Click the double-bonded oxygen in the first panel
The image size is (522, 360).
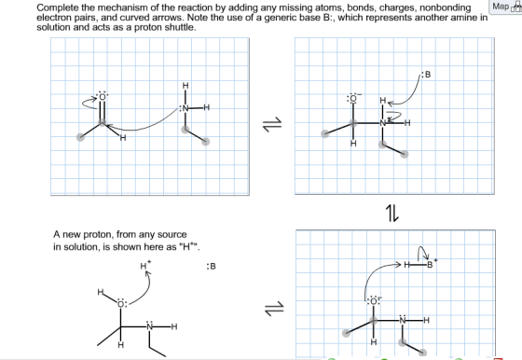coord(103,97)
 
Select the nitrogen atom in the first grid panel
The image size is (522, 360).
coord(185,108)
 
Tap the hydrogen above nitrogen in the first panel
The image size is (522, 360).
coord(185,86)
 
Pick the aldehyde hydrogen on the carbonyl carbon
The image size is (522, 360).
coord(123,137)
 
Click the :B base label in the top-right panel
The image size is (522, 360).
coord(427,75)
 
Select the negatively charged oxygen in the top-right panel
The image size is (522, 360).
coord(353,98)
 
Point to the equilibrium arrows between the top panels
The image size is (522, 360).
coord(272,124)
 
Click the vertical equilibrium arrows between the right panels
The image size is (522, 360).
coord(391,214)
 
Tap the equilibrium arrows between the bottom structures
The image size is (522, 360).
coord(274,308)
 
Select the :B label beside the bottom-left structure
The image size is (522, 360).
coord(211,267)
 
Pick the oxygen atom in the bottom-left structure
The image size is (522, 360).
coord(121,303)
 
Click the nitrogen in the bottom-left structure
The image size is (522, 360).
coord(150,326)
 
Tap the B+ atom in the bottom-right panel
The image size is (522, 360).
coord(431,265)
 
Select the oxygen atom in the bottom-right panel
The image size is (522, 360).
coord(374,301)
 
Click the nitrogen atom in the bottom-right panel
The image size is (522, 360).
coord(403,320)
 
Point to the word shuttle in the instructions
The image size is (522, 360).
coord(179,27)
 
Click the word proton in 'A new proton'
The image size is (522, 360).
coord(98,235)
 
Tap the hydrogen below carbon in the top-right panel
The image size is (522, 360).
coord(353,144)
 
